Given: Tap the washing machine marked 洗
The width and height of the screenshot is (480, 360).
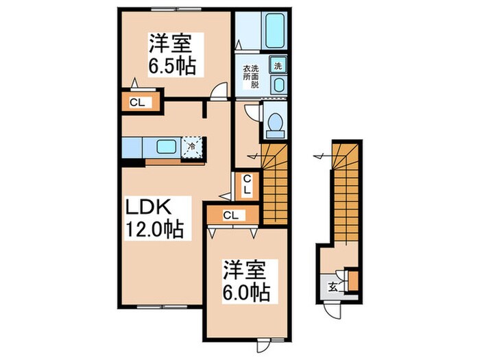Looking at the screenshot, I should pyautogui.click(x=278, y=66).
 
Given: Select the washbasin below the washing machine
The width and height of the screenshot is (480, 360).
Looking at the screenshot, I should pyautogui.click(x=278, y=85).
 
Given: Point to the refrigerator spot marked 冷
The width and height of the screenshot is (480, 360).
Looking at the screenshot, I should pyautogui.click(x=192, y=146).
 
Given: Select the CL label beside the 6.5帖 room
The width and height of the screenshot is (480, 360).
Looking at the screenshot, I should pyautogui.click(x=137, y=104).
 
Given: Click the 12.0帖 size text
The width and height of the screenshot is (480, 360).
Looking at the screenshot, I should pyautogui.click(x=153, y=229).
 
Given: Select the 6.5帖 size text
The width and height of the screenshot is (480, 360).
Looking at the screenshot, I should pyautogui.click(x=170, y=67).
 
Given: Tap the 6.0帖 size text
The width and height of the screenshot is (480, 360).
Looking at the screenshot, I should pyautogui.click(x=243, y=291).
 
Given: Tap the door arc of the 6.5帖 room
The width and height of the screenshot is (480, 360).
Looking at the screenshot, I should pyautogui.click(x=218, y=90).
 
